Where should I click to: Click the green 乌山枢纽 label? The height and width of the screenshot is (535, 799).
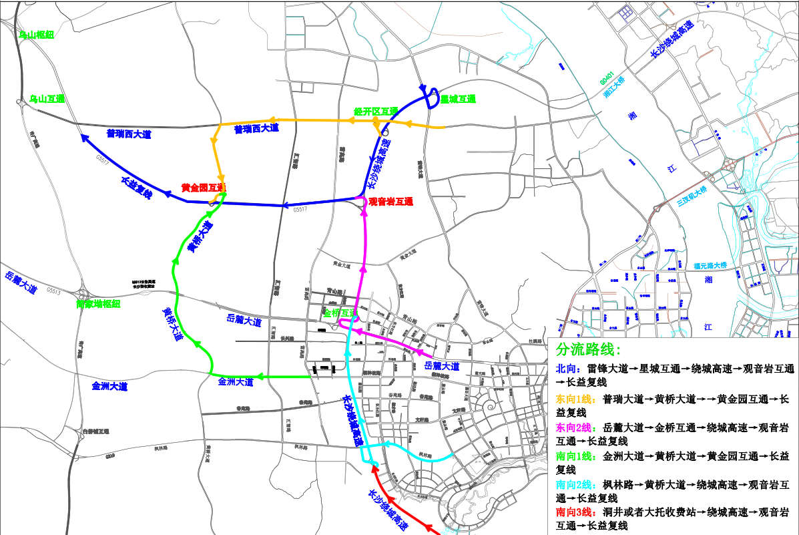coord(35,35)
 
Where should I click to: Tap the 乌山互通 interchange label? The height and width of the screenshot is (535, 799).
coord(47,99)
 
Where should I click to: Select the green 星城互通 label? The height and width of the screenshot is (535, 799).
coord(458,99)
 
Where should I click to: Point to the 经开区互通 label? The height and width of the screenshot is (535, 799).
coord(376,111)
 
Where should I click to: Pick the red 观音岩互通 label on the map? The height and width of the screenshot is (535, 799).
coord(391,201)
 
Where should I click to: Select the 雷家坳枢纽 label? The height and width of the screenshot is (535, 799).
coord(98,304)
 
